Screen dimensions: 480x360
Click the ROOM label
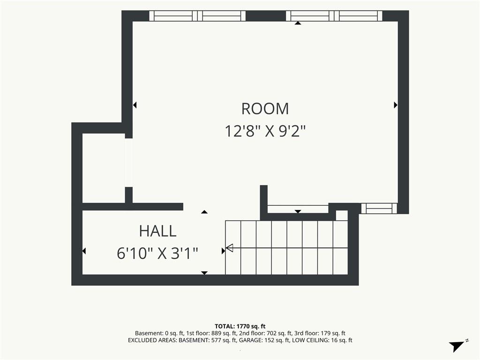click(x=265, y=109)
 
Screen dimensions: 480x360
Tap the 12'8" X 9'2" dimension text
click(x=265, y=131)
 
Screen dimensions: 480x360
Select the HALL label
click(x=157, y=231)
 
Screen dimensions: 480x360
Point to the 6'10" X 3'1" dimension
click(x=157, y=254)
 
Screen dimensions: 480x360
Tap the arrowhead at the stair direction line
click(x=229, y=247)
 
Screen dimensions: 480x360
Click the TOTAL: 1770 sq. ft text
click(x=240, y=326)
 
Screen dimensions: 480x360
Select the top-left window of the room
click(x=197, y=15)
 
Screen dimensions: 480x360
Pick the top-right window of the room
click(x=334, y=15)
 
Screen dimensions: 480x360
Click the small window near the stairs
click(x=379, y=208)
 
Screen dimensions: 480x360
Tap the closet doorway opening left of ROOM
click(x=129, y=163)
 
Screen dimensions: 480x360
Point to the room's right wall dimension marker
click(x=396, y=105)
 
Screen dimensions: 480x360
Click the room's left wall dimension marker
click(x=135, y=105)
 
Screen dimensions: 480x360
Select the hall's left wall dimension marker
click(x=84, y=251)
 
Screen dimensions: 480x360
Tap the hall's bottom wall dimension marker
click(x=204, y=273)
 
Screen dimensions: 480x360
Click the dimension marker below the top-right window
click(x=298, y=22)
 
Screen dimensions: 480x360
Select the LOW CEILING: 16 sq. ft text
click(x=322, y=340)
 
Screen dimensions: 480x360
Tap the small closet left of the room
click(x=104, y=168)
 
